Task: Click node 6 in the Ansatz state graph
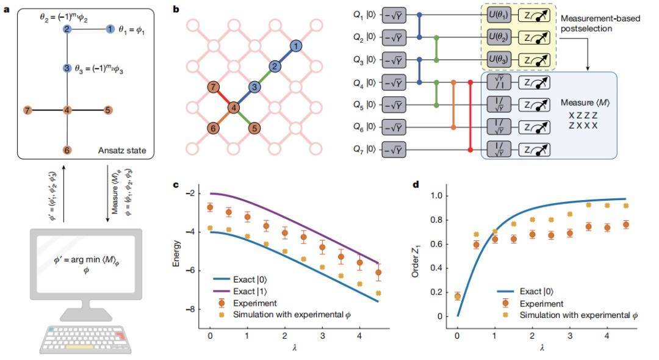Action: coord(68,149)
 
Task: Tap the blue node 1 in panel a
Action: coord(110,29)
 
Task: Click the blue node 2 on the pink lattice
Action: coord(275,66)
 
